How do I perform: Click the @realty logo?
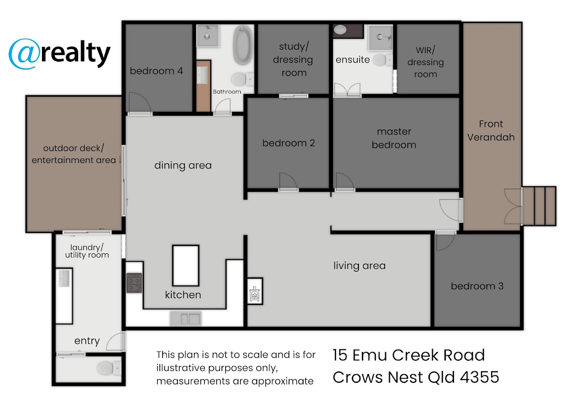[x=59, y=54]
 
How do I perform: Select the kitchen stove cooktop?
[x=134, y=283]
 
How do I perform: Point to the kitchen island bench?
[x=186, y=265]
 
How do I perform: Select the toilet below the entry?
[x=109, y=368]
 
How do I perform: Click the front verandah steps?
[x=539, y=206]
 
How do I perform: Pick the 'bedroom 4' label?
[x=156, y=71]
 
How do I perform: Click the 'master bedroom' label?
[x=394, y=138]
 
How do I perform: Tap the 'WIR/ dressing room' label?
[x=426, y=62]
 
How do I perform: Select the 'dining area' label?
[x=183, y=165]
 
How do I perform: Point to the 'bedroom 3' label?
[x=477, y=286]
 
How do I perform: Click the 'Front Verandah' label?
[x=491, y=131]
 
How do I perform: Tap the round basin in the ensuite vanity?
[x=340, y=30]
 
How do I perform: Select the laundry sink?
[x=64, y=278]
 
